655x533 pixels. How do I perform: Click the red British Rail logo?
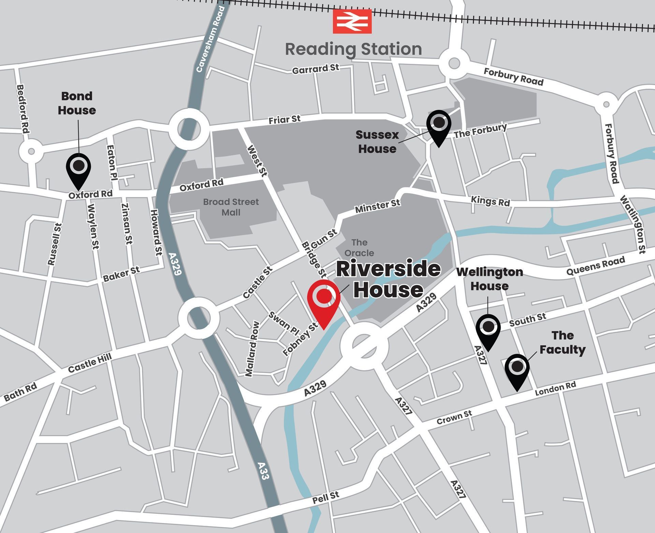pyautogui.click(x=352, y=21)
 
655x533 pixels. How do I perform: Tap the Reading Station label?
pyautogui.click(x=353, y=49)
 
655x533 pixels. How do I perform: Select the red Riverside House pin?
pyautogui.click(x=324, y=300)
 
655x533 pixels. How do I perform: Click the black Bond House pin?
pyautogui.click(x=78, y=169)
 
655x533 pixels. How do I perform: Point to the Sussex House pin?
pyautogui.click(x=439, y=125)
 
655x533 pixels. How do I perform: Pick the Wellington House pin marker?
pyautogui.click(x=488, y=329)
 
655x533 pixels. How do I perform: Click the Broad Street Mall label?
pyautogui.click(x=231, y=207)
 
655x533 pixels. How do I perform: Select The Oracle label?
pyautogui.click(x=359, y=248)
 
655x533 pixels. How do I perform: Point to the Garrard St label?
pyautogui.click(x=316, y=69)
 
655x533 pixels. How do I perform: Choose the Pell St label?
pyautogui.click(x=326, y=498)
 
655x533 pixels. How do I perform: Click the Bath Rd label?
pyautogui.click(x=20, y=392)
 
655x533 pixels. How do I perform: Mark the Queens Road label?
pyautogui.click(x=596, y=266)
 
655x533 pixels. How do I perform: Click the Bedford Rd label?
pyautogui.click(x=23, y=109)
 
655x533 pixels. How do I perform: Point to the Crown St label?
pyautogui.click(x=454, y=417)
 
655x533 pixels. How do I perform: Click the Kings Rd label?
pyautogui.click(x=490, y=201)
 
